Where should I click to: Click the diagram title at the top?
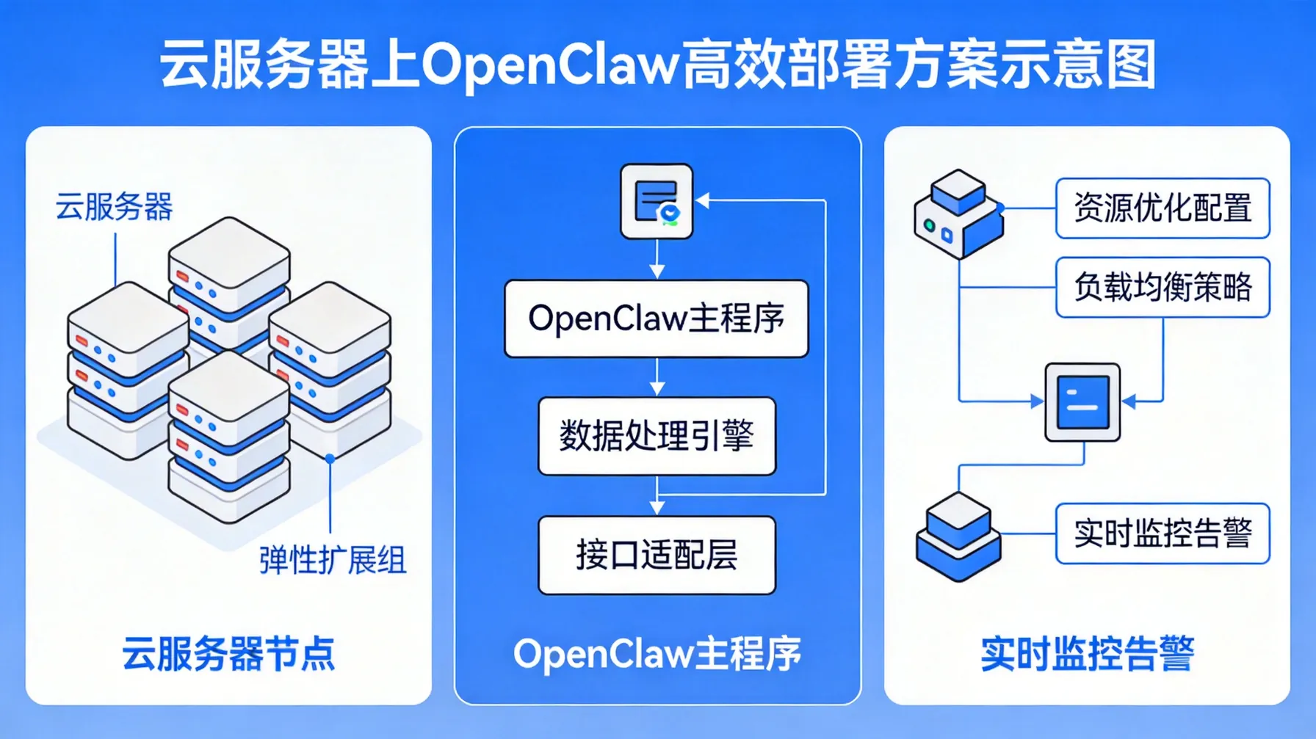point(658,65)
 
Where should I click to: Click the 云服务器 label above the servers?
point(114,207)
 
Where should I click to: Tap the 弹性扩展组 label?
point(332,561)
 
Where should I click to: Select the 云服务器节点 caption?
point(228,653)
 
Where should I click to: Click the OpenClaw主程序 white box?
point(657,318)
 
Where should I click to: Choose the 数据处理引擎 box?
point(657,436)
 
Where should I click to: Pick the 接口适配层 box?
point(657,555)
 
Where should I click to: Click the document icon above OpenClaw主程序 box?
point(657,201)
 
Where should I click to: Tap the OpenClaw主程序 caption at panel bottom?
point(657,653)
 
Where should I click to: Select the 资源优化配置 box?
point(1163,208)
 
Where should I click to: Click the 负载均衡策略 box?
point(1163,287)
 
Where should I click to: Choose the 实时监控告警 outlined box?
point(1163,534)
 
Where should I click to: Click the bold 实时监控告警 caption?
point(1087,653)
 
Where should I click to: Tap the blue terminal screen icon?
point(1082,402)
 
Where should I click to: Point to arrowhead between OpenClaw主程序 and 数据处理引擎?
point(657,388)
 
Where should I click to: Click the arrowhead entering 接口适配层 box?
point(657,507)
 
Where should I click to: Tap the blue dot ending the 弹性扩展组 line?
point(330,458)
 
